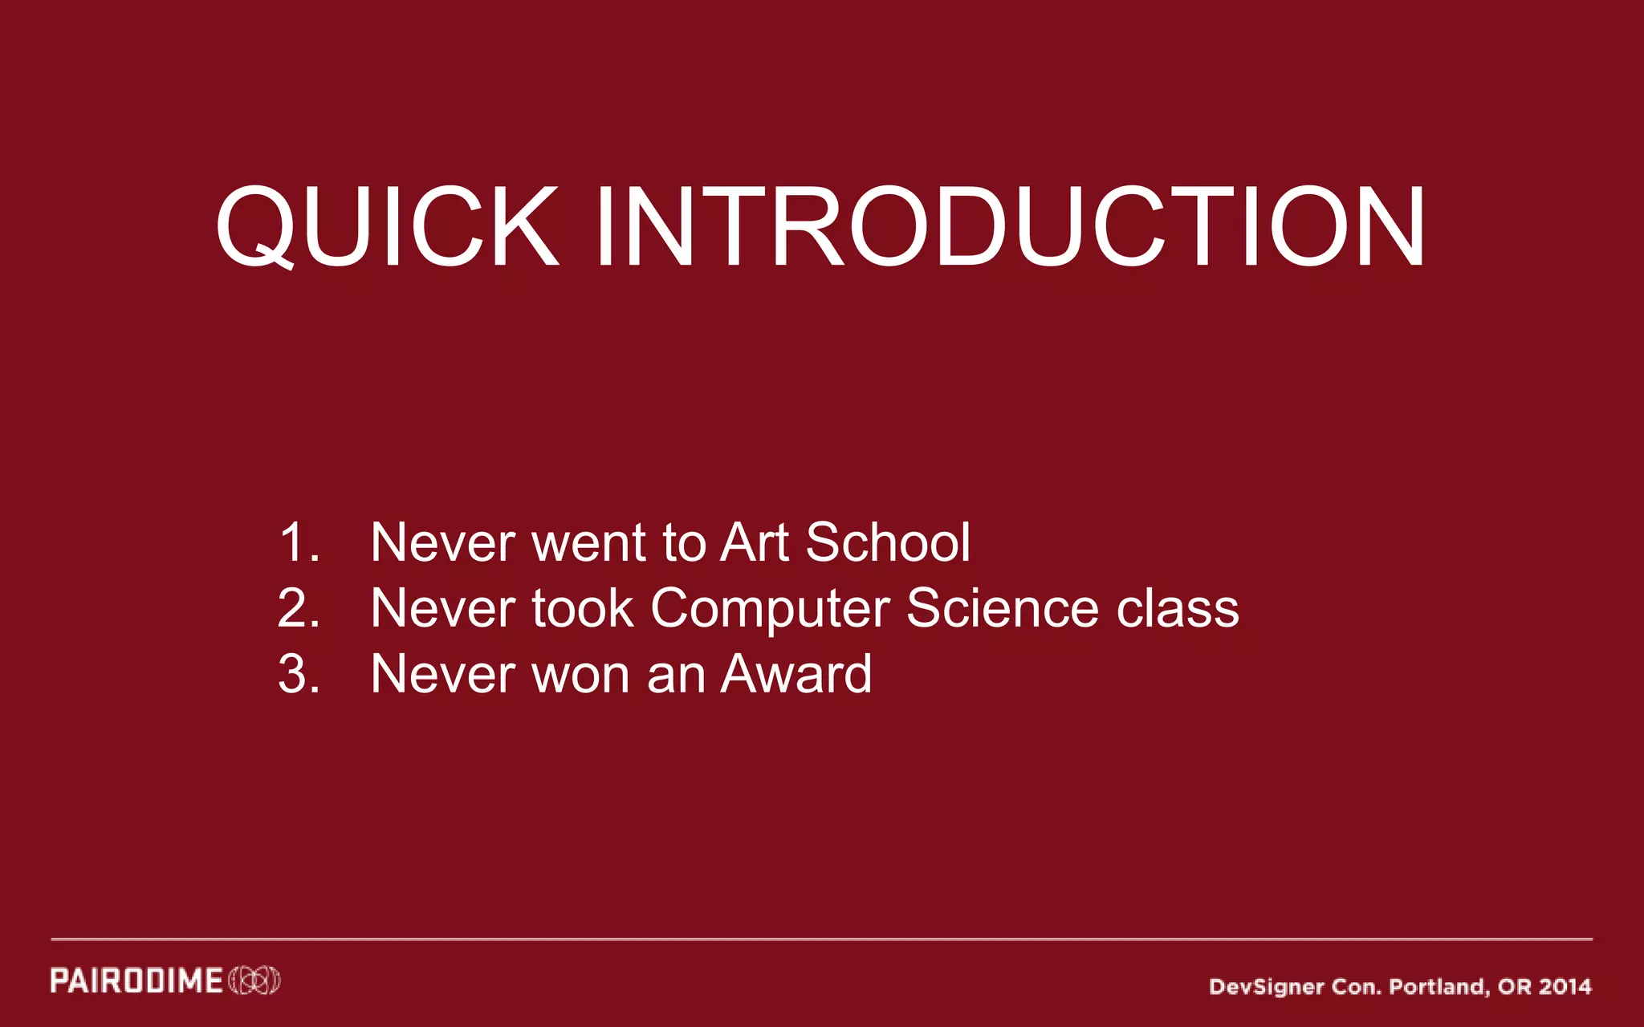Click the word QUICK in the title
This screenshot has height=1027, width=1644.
click(x=387, y=227)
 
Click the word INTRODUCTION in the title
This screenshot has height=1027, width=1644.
click(x=1010, y=227)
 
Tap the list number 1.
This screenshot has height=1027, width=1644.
click(x=299, y=542)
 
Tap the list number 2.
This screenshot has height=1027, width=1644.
click(x=299, y=608)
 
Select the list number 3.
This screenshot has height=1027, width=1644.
click(x=299, y=674)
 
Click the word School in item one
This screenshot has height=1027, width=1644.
click(x=888, y=542)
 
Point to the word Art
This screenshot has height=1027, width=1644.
click(x=755, y=542)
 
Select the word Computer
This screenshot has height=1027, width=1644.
click(x=770, y=610)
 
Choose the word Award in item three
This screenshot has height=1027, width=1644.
click(x=796, y=674)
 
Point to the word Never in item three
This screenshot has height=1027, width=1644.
click(x=442, y=674)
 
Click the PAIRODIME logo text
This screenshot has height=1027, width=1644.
click(x=136, y=981)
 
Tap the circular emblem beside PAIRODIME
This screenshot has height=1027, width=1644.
click(x=254, y=981)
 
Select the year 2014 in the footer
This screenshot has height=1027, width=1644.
click(x=1565, y=987)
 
